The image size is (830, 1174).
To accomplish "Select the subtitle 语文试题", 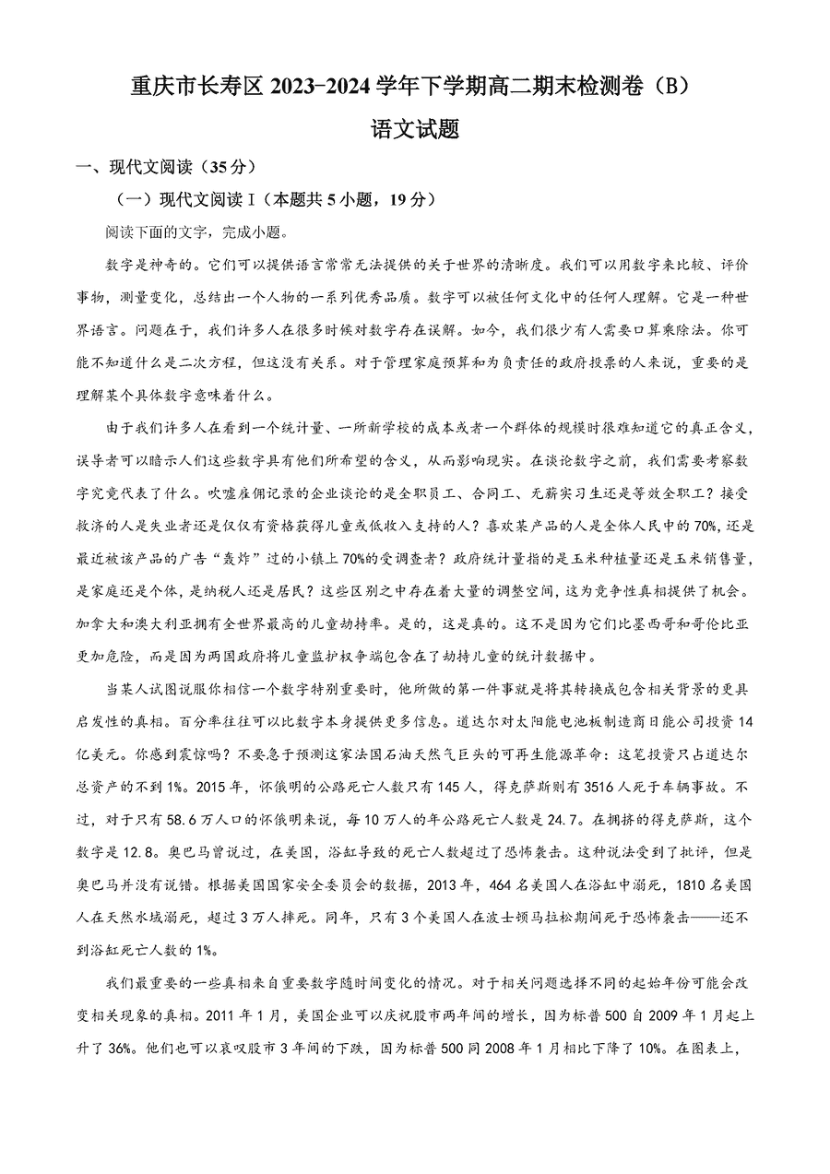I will click(x=414, y=130).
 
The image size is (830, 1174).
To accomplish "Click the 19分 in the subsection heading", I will click(x=411, y=199).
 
